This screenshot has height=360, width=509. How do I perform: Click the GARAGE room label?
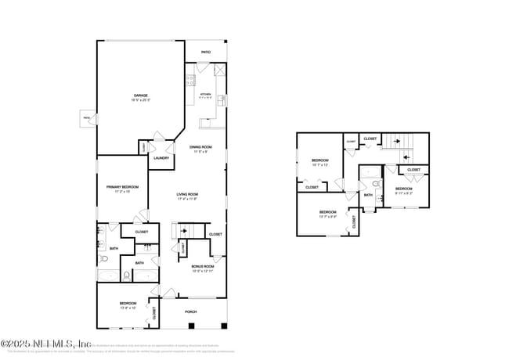[140, 95]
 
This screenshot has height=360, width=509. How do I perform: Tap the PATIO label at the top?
[206, 52]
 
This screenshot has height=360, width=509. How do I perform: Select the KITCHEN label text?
[205, 95]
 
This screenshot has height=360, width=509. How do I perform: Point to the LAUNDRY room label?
[161, 158]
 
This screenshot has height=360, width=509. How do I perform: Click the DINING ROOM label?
[200, 147]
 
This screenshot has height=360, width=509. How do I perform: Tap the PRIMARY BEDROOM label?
[122, 187]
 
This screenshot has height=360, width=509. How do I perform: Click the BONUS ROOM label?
[203, 267]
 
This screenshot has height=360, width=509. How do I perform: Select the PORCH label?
[190, 311]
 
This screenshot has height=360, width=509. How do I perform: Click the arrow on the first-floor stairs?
[183, 232]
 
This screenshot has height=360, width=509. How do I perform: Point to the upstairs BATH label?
[368, 196]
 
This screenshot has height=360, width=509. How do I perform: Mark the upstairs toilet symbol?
[376, 185]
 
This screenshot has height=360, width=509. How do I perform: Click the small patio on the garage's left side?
[85, 119]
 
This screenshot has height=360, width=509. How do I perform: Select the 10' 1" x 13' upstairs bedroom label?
[319, 163]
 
